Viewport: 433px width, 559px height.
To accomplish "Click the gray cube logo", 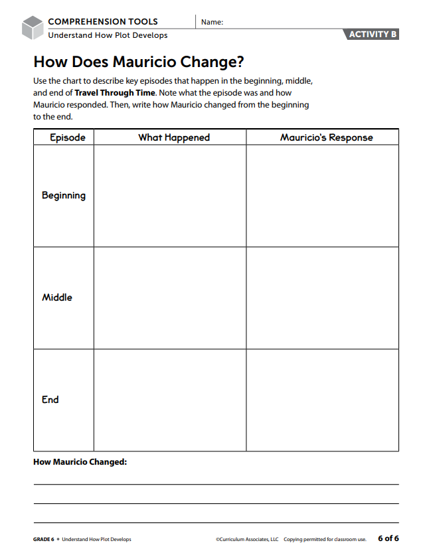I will coord(32,28).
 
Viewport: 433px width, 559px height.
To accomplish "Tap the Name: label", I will coord(212,22).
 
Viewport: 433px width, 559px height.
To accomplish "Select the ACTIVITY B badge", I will coord(373,35).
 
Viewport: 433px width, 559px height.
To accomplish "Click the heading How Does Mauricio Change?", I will coord(139,62).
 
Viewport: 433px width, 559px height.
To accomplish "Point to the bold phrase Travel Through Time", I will coord(114,93).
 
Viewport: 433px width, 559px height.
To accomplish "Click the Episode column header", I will coord(68,137).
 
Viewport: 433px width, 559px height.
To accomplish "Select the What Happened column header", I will coord(173,137).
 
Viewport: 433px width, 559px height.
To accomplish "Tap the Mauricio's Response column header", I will coord(326,137).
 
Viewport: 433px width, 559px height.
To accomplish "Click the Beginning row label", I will coord(64,195).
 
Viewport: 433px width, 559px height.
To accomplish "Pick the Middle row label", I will coord(57,297).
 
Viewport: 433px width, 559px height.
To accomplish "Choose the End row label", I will coord(50,400).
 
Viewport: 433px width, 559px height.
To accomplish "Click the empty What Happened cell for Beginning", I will coord(170,196).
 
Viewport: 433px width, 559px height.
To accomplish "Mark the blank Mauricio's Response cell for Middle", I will coord(323,298).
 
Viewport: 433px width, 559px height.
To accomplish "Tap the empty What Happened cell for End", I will coord(170,400).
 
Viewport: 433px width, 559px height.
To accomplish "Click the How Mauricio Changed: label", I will coord(80,461).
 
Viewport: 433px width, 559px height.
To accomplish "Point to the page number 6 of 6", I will coord(389,538).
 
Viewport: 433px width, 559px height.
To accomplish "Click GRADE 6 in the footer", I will coord(43,539).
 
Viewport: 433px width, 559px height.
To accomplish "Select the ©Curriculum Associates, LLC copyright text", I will coord(247,539).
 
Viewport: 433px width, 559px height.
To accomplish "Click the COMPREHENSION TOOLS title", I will coord(103,22).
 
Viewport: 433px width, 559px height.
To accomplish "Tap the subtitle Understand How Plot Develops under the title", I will coord(108,35).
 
